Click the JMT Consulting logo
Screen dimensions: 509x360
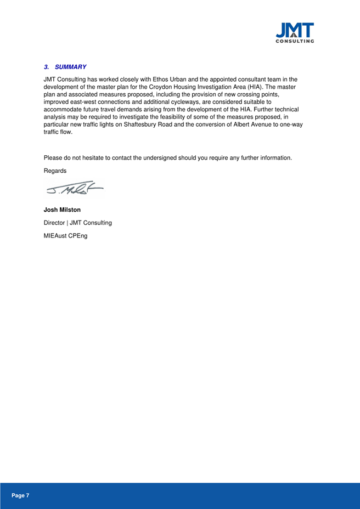coord(295,32)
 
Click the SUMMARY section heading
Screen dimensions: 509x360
coord(71,67)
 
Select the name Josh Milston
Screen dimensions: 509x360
coord(62,210)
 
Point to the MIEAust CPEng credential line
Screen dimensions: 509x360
coord(65,236)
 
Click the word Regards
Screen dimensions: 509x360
coord(55,171)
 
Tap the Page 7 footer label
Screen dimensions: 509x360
coord(20,495)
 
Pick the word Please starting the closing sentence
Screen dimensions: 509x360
coord(54,158)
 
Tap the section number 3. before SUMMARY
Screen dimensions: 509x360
coord(47,67)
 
